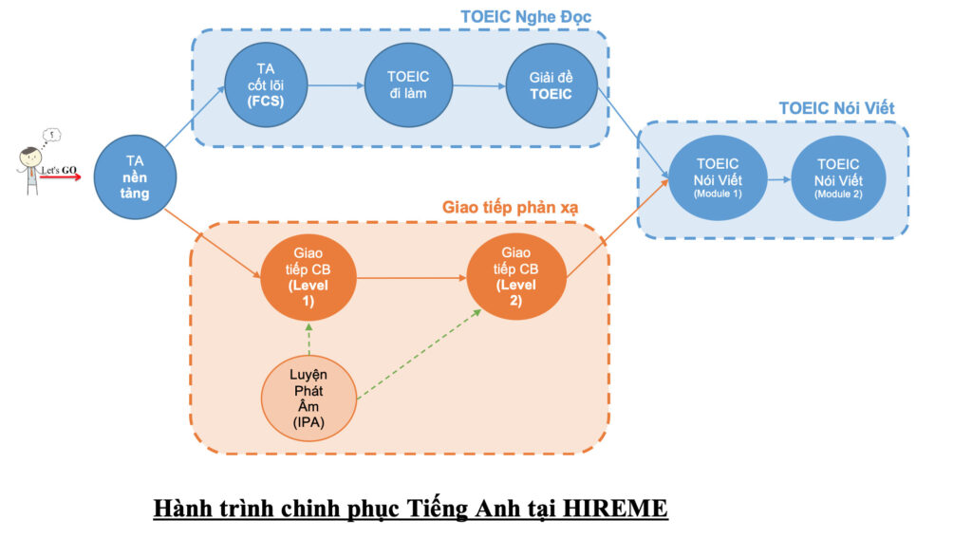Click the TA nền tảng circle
pyautogui.click(x=137, y=176)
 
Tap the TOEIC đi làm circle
pyautogui.click(x=408, y=86)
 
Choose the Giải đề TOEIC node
pyautogui.click(x=551, y=86)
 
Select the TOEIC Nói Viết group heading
pyautogui.click(x=836, y=108)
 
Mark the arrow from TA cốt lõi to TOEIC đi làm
pyautogui.click(x=336, y=86)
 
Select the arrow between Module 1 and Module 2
pyautogui.click(x=778, y=178)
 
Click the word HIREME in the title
pyautogui.click(x=615, y=509)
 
